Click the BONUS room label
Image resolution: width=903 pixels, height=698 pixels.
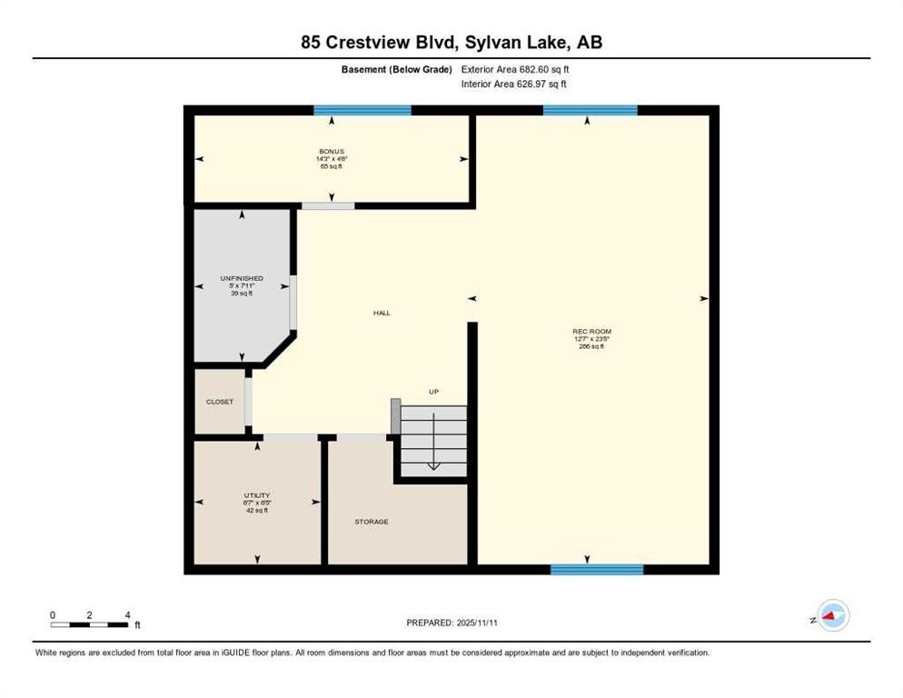point(331,152)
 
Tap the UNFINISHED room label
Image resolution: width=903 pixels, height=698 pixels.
point(242,278)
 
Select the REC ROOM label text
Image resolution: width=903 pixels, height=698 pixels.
point(590,332)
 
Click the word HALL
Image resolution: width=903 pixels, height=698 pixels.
point(382,313)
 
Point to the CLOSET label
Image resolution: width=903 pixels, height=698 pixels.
point(219,402)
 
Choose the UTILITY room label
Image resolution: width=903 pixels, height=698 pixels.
point(257,495)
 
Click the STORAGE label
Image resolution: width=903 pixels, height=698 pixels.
point(372,522)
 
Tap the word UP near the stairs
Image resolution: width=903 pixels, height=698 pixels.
point(434,392)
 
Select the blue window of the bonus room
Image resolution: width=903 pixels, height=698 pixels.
point(362,110)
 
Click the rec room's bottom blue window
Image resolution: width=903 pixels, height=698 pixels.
point(597,570)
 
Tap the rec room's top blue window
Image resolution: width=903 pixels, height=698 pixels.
point(590,110)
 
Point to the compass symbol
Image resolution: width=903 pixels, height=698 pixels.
point(831,616)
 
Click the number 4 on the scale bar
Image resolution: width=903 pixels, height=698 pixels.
point(128,615)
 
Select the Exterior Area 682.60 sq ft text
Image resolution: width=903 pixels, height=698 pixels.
point(515,69)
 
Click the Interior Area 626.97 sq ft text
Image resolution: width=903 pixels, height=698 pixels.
point(515,85)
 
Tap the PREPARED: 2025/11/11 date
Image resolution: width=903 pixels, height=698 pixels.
point(451,623)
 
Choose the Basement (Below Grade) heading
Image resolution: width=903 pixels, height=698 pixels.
point(402,69)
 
